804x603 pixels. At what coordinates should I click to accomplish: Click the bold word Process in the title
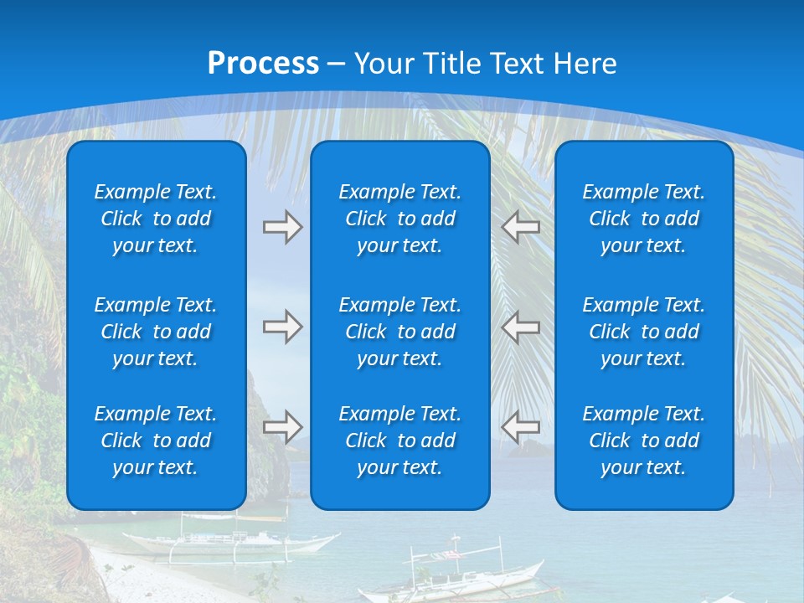tap(263, 63)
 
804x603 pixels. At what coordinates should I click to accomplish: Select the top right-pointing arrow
tap(282, 227)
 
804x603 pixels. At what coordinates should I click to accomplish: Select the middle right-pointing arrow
tap(282, 326)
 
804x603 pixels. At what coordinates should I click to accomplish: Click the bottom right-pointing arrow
tap(282, 427)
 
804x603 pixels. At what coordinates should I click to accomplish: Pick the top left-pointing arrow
tap(521, 227)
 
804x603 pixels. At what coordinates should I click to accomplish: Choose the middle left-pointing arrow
tap(521, 326)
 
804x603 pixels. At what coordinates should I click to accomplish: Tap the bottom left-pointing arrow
tap(521, 427)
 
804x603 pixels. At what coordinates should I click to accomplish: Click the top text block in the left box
tap(156, 219)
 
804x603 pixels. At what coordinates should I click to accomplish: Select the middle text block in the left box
tap(156, 332)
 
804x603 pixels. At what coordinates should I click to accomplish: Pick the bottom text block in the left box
tap(156, 441)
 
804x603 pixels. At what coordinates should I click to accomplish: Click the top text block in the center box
tap(399, 219)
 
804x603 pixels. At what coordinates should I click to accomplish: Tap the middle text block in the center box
tap(399, 332)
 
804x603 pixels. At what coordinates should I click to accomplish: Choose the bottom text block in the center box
tap(399, 441)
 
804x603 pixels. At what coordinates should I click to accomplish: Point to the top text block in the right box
tap(643, 219)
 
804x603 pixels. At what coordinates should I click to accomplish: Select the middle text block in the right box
tap(643, 332)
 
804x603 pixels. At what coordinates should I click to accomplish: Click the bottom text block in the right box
tap(643, 441)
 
